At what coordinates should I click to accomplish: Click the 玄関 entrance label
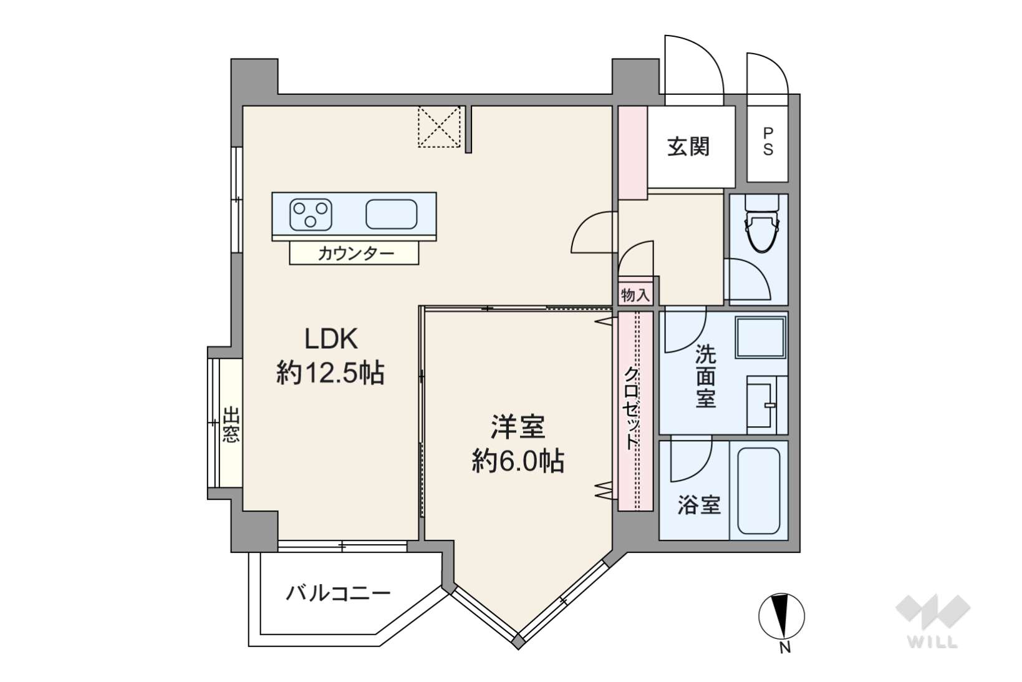point(688,147)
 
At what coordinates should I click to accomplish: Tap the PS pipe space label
point(768,142)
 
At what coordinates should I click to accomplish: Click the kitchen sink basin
point(392,214)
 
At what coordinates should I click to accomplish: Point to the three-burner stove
point(311,215)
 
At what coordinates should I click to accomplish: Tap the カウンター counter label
point(356,253)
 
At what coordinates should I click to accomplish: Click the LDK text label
point(330,339)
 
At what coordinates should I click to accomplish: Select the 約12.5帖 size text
point(330,373)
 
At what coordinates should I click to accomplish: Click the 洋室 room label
point(518,426)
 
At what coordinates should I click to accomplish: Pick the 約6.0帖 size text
point(518,460)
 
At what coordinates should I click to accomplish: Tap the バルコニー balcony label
point(338,593)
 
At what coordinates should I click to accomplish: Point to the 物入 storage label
point(635,295)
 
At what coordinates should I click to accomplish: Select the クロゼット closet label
point(632,408)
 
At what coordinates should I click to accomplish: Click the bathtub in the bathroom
point(758,490)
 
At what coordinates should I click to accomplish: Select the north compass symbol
point(781,616)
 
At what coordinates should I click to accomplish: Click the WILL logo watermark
point(933,621)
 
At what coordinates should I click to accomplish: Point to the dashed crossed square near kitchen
point(439,127)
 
